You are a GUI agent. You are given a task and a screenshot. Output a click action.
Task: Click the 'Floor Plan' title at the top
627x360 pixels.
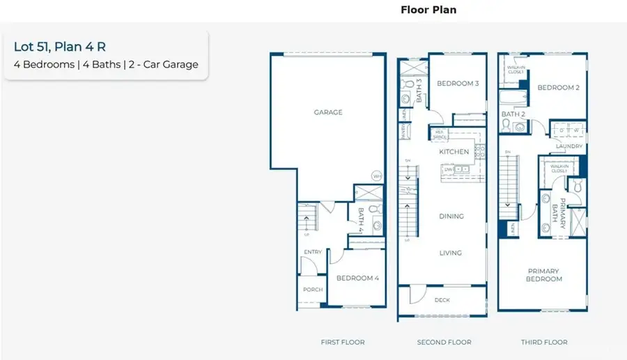[428, 10]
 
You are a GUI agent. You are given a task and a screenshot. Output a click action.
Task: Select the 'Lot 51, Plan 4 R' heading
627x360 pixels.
[60, 47]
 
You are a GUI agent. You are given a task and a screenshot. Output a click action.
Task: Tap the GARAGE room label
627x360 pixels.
[328, 112]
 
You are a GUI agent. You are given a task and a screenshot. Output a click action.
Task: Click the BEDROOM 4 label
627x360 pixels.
[357, 278]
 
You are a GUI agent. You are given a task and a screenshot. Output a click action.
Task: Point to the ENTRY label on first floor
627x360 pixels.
[311, 253]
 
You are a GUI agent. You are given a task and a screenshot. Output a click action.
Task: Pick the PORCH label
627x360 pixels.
[311, 290]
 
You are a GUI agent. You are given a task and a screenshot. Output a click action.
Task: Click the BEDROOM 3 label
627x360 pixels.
[458, 84]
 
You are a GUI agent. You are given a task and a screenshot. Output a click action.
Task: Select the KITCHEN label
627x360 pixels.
[454, 151]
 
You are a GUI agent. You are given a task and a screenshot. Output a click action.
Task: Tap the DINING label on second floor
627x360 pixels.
[451, 217]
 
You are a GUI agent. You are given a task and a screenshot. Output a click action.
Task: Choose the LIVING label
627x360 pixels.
[451, 253]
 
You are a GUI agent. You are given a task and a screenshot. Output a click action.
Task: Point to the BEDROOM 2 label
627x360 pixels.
[558, 88]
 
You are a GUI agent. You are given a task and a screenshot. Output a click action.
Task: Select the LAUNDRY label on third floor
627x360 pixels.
[568, 146]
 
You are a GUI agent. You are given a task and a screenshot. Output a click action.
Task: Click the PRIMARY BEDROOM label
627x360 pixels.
[543, 275]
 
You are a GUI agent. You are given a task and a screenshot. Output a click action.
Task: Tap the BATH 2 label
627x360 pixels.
[513, 114]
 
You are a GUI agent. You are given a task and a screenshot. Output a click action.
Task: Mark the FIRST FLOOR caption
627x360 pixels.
[342, 342]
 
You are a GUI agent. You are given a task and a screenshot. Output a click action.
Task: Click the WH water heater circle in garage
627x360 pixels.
[377, 175]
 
